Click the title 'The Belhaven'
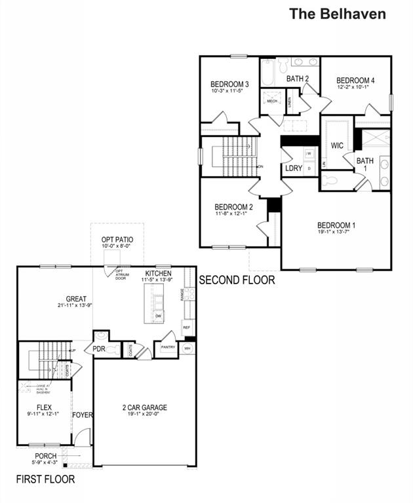[338, 14]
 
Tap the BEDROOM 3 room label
[229, 84]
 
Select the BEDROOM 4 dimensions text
[353, 86]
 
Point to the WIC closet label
[338, 145]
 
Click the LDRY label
[294, 168]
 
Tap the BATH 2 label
[298, 79]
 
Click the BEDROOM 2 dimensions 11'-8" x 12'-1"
[233, 213]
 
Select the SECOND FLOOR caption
[237, 280]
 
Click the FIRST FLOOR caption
[45, 479]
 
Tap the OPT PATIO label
[117, 240]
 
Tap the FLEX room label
[44, 407]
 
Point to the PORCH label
[45, 456]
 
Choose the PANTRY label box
[168, 348]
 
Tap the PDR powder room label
[99, 349]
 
